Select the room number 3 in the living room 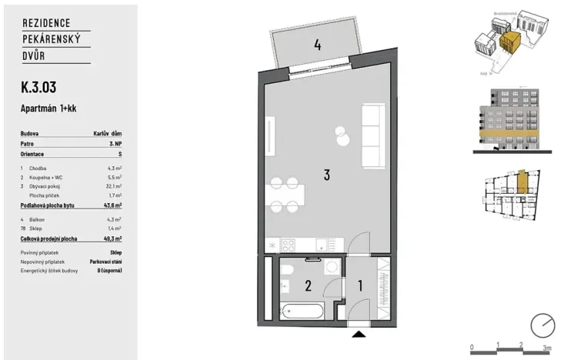pyautogui.click(x=326, y=175)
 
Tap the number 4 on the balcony pyautogui.click(x=316, y=45)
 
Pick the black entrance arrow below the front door pyautogui.click(x=358, y=334)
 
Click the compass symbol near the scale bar pyautogui.click(x=543, y=325)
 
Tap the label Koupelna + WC pyautogui.click(x=49, y=176)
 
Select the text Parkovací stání pyautogui.click(x=105, y=262)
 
